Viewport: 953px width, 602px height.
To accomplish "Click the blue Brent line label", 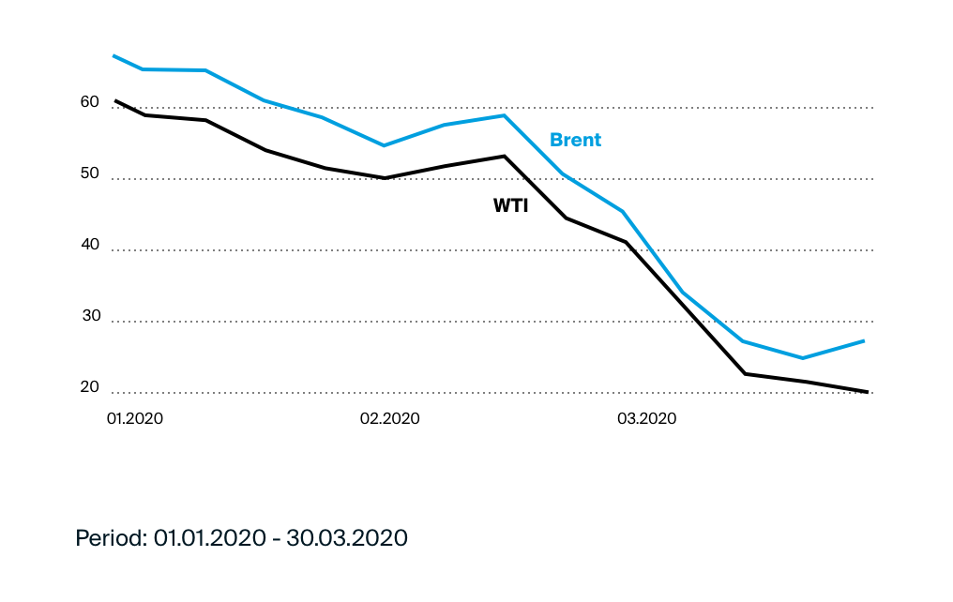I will click(x=575, y=140).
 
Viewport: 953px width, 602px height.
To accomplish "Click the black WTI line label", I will click(x=510, y=205).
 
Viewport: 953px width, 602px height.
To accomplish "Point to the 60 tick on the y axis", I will click(x=89, y=101).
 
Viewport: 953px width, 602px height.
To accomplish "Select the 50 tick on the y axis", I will click(x=89, y=173).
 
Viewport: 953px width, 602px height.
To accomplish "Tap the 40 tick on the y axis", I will click(x=89, y=244).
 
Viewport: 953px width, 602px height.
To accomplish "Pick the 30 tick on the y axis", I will click(x=89, y=315).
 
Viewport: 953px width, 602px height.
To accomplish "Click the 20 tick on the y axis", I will click(x=89, y=386).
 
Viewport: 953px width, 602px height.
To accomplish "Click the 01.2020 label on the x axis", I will click(x=134, y=418).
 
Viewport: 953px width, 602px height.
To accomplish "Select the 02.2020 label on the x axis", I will click(x=389, y=418).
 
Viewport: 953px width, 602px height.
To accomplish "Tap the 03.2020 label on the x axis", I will click(x=646, y=418).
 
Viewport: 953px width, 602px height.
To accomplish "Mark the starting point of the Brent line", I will click(x=113, y=56).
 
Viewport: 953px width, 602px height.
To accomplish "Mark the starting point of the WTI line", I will click(x=115, y=100).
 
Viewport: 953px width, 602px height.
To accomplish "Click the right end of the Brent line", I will click(x=864, y=340).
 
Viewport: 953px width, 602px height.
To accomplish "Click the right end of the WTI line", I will click(x=868, y=391).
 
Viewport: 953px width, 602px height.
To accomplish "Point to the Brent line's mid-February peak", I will click(x=505, y=115).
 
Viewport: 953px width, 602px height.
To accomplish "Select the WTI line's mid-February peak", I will click(x=505, y=156).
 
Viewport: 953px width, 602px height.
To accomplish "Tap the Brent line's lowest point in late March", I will click(x=803, y=357).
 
